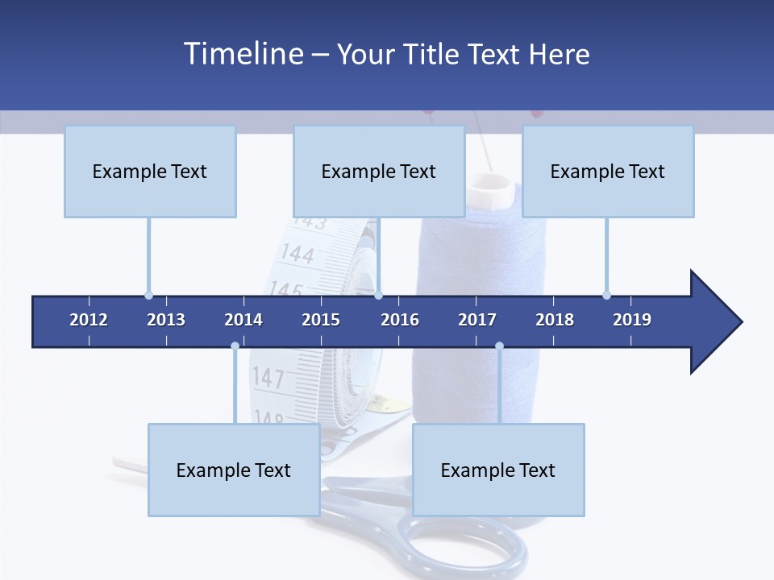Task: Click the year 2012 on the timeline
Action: click(x=89, y=320)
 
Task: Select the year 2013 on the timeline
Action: click(x=166, y=320)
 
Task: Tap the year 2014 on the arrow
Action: click(x=243, y=320)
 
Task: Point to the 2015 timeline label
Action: click(x=321, y=320)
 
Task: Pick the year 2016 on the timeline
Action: click(x=400, y=320)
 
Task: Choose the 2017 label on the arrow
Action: click(x=477, y=320)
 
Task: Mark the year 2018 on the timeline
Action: click(x=555, y=320)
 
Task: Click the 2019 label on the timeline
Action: click(x=632, y=320)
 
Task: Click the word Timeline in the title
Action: click(x=242, y=54)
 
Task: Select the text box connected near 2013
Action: click(x=150, y=172)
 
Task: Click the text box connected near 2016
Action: click(x=379, y=172)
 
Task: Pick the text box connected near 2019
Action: click(x=608, y=172)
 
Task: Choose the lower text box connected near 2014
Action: click(x=234, y=470)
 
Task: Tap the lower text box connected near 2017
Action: click(x=498, y=470)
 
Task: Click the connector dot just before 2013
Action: click(x=148, y=295)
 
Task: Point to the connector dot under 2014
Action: click(x=235, y=346)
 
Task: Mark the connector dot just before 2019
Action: click(x=606, y=295)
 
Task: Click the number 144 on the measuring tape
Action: click(x=297, y=255)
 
